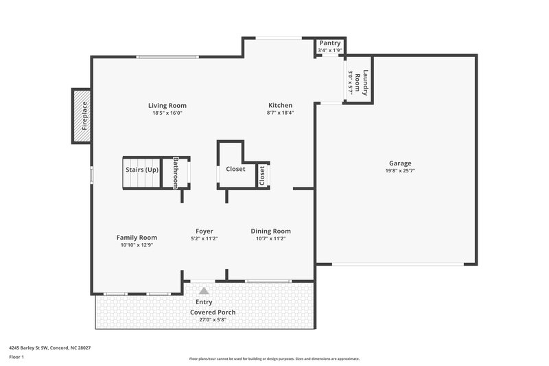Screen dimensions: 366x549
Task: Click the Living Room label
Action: (x=167, y=105)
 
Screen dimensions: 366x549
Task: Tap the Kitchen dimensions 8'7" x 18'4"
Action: (x=280, y=113)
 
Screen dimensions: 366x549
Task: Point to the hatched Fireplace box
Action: (x=82, y=116)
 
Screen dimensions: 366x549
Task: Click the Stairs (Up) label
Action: (x=141, y=169)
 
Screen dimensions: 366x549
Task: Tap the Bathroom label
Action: (x=176, y=172)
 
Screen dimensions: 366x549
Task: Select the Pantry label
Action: (x=330, y=43)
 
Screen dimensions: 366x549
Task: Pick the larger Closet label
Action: (x=235, y=169)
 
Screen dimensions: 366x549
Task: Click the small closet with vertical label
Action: (x=262, y=175)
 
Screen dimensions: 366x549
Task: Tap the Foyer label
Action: (x=204, y=231)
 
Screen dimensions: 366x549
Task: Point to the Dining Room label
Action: (x=270, y=231)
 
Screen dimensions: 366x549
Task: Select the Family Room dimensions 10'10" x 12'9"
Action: (x=137, y=245)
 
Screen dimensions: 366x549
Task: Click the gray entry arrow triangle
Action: (x=204, y=290)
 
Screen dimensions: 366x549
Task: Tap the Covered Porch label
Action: (x=213, y=312)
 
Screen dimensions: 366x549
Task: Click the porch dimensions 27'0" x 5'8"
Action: (x=213, y=320)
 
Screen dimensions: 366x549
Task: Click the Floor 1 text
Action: (x=16, y=358)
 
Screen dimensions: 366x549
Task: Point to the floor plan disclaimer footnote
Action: (x=274, y=358)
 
